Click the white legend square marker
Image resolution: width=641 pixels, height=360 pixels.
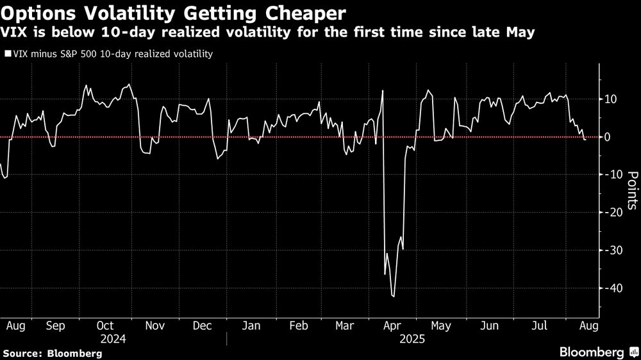click(8, 54)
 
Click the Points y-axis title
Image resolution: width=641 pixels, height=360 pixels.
click(632, 190)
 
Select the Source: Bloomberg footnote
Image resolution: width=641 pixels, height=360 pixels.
click(52, 353)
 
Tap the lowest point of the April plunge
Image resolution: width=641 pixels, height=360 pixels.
click(393, 297)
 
